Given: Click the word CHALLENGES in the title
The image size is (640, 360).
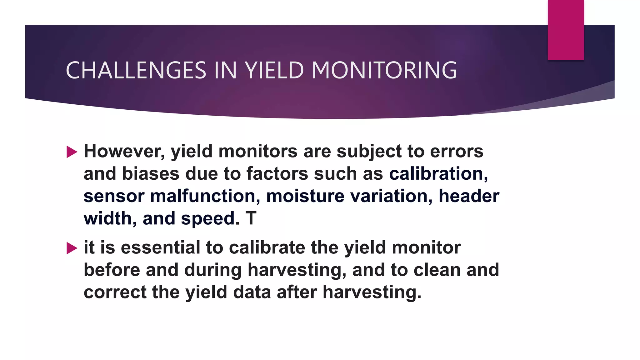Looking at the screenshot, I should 136,70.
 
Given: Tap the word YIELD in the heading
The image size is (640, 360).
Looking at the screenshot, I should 274,70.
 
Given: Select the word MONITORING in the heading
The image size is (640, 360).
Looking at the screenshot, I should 384,70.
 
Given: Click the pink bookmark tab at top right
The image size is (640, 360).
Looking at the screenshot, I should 566,30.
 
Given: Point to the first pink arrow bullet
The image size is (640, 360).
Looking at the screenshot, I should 72,152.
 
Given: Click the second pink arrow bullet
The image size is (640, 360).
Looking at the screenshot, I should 72,248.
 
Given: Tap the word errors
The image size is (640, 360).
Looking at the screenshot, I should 457,152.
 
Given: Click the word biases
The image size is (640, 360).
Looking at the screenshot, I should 151,174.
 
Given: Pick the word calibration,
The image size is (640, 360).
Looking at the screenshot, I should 438,174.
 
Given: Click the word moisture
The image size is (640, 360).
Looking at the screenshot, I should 305,196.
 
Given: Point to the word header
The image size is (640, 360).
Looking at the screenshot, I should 469,196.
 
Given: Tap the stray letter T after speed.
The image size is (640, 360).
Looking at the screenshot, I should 251,218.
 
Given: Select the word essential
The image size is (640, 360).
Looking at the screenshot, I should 160,248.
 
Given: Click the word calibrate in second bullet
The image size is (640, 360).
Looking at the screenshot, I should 267,248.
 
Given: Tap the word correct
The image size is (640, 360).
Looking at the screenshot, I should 115,292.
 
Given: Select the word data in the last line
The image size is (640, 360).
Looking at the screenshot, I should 252,292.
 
